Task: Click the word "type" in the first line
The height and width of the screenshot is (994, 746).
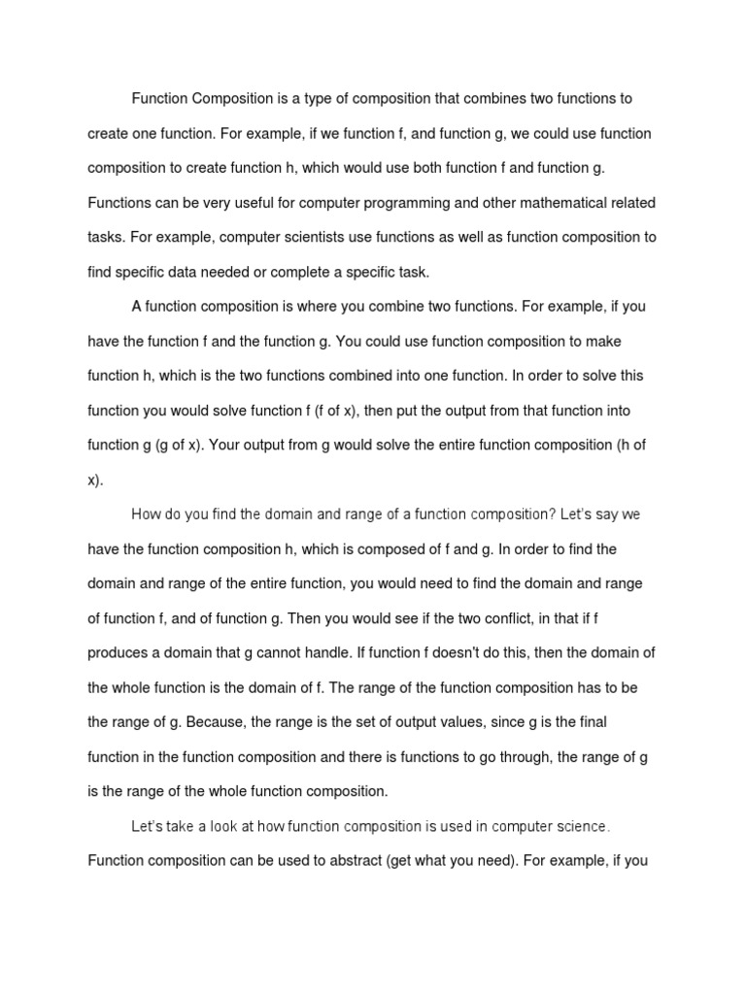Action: click(326, 99)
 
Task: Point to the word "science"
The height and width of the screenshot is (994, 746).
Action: click(580, 827)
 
